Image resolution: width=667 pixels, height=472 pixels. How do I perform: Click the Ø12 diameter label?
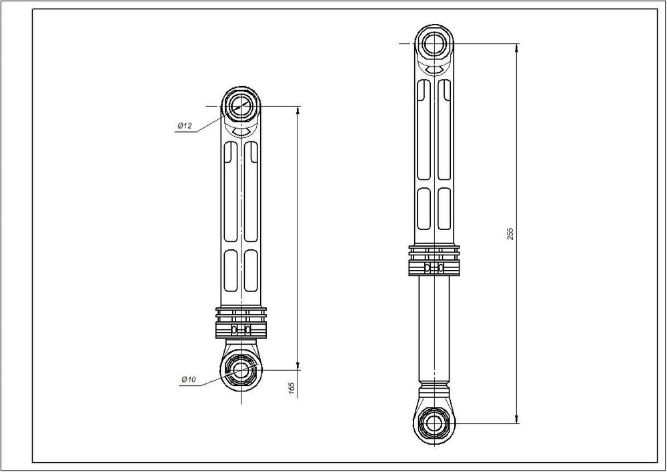[185, 125]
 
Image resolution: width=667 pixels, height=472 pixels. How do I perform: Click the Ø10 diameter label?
[189, 379]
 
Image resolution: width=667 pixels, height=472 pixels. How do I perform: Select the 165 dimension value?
[291, 388]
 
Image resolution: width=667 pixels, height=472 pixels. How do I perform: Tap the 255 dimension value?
[510, 234]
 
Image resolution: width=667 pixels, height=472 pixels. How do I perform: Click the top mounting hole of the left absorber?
[241, 106]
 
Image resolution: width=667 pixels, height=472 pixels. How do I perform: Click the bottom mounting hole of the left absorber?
[241, 369]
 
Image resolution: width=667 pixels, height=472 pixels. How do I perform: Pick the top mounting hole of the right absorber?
[434, 43]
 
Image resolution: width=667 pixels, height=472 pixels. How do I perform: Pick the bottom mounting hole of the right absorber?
[434, 423]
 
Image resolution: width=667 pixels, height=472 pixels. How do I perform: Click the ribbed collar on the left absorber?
[241, 323]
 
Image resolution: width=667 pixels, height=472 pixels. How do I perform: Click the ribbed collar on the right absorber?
[434, 260]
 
